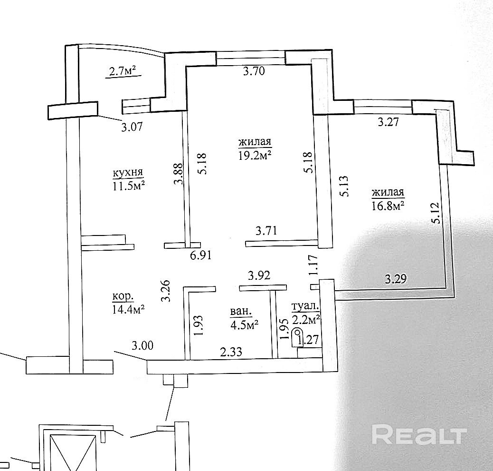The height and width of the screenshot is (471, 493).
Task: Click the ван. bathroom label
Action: [x=241, y=312]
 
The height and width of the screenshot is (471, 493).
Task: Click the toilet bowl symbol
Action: [x=298, y=334]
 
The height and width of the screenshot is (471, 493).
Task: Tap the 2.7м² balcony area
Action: [x=123, y=72]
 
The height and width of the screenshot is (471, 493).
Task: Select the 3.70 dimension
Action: [x=253, y=72]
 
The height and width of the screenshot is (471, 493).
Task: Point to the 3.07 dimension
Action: [x=133, y=127]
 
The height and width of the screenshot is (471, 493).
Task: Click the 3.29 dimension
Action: [x=396, y=279]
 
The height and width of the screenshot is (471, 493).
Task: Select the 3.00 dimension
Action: [x=142, y=346]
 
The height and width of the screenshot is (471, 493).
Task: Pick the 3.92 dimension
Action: [x=259, y=275]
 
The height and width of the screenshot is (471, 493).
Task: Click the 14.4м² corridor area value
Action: [x=128, y=309]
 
